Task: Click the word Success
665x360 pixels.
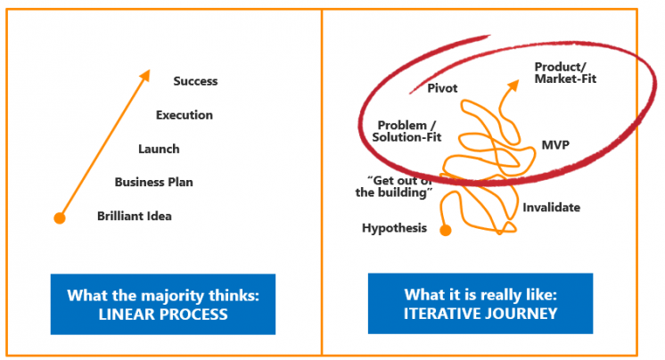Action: (195, 81)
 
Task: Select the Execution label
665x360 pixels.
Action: (184, 115)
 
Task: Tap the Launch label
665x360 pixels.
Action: (159, 149)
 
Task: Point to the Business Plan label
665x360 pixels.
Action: (153, 182)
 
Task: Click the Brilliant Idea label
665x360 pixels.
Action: (135, 216)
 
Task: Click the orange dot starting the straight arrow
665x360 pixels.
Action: (60, 218)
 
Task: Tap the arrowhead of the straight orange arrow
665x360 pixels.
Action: (145, 75)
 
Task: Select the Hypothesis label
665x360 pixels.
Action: (394, 228)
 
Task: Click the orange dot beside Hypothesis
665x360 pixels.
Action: (446, 230)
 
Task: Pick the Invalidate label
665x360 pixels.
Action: (551, 208)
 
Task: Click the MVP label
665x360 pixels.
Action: (555, 145)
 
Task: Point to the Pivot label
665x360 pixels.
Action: (442, 88)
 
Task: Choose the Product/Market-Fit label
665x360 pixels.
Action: (565, 72)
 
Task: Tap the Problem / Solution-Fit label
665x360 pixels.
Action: (406, 131)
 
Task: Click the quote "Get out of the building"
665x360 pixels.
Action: (394, 186)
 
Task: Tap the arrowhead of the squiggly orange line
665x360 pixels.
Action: (513, 85)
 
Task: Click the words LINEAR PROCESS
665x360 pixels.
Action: (163, 315)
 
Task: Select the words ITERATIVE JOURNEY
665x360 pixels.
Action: (480, 314)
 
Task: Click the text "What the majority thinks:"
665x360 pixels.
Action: (163, 295)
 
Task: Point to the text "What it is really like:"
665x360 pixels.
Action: (480, 294)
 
